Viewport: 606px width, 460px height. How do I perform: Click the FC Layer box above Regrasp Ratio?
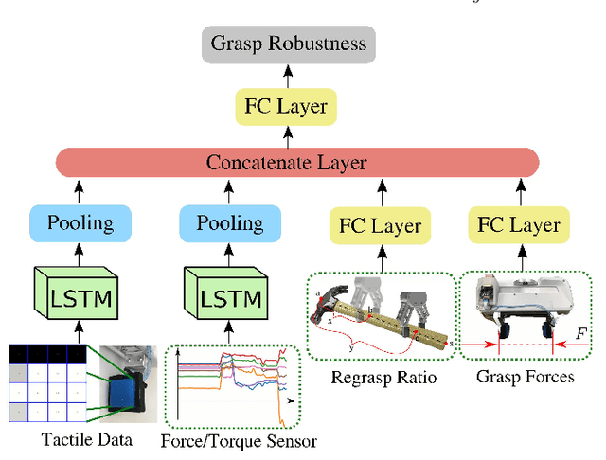[379, 226]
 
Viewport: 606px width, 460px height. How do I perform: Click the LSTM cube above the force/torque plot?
[229, 295]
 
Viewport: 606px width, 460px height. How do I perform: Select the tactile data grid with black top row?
[47, 384]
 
